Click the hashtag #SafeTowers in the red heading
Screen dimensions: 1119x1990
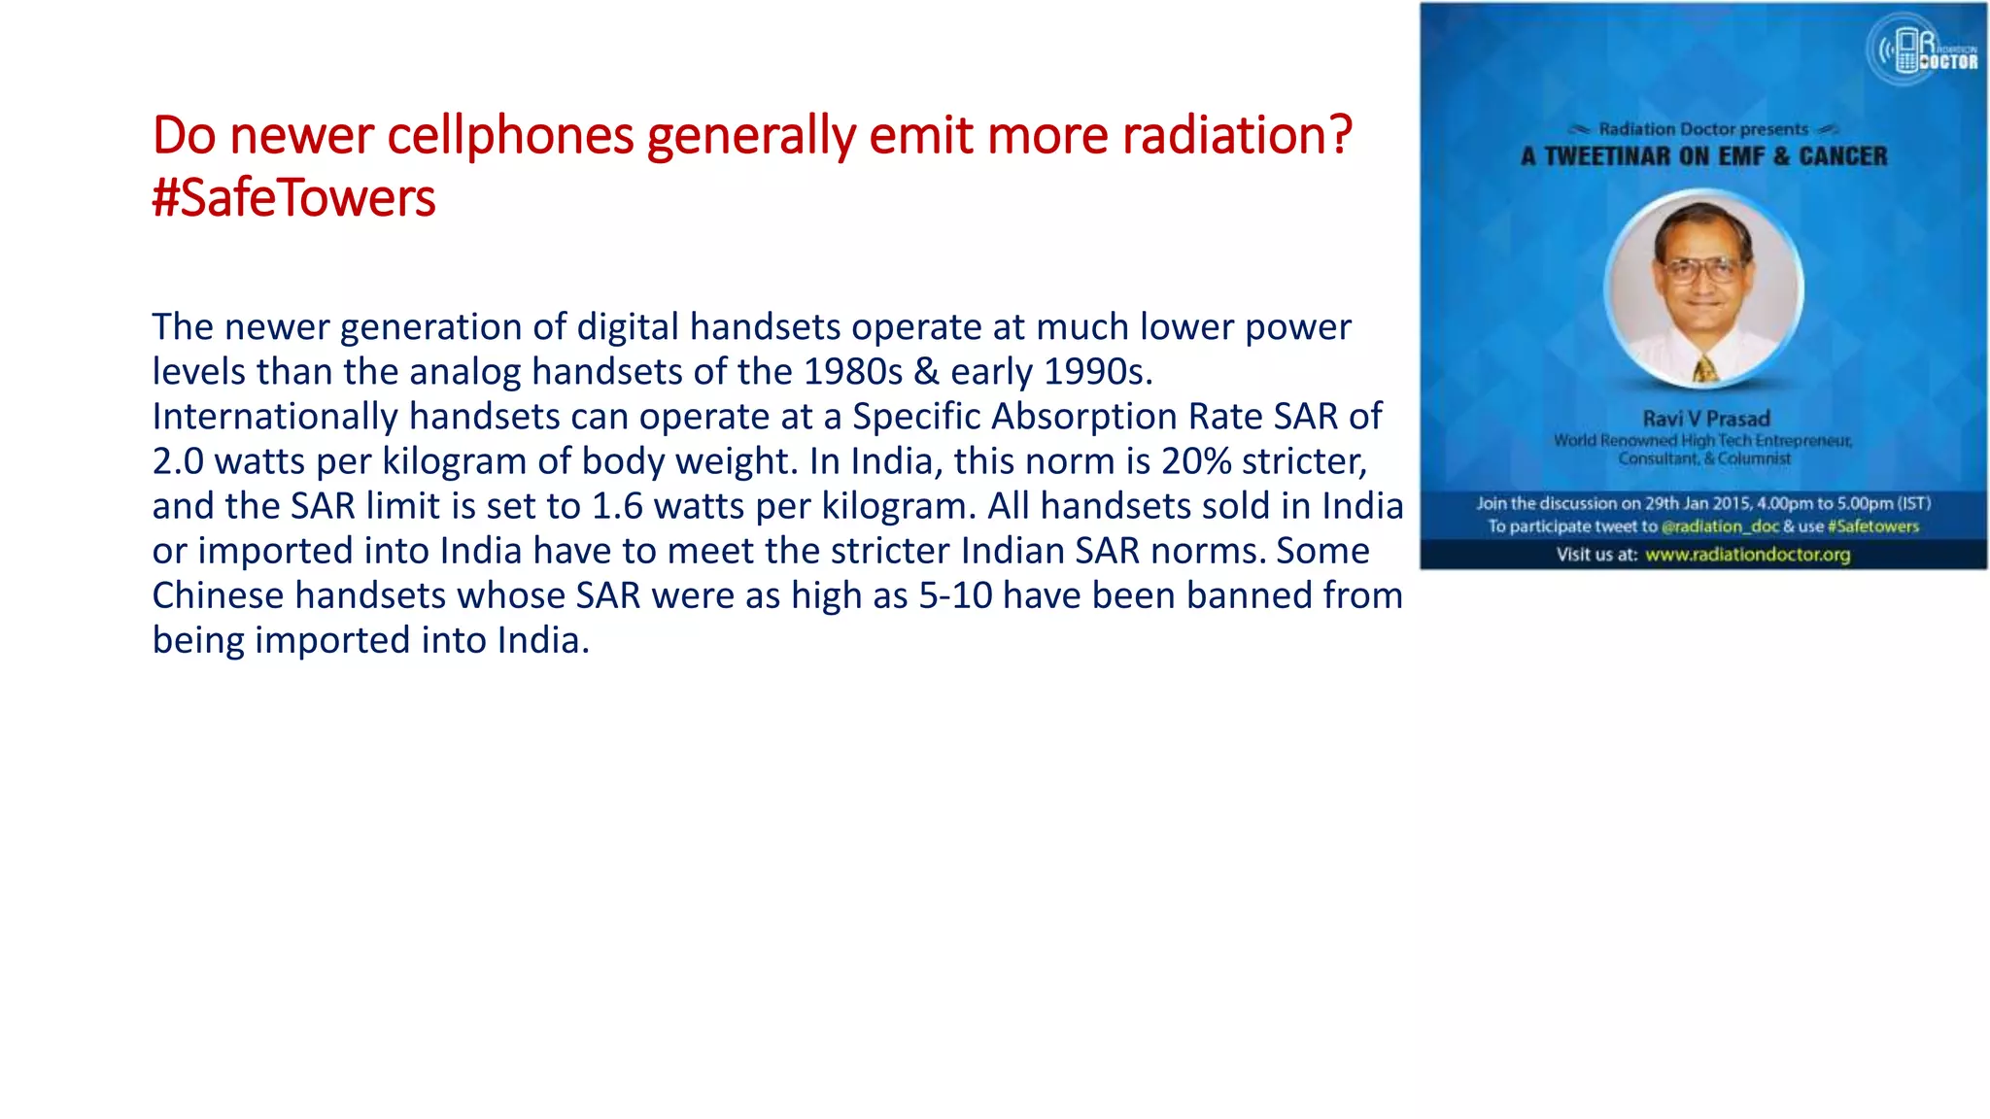pyautogui.click(x=293, y=198)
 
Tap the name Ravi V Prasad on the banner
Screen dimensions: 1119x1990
pyautogui.click(x=1706, y=419)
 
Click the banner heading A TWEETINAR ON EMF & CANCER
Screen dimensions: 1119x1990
pyautogui.click(x=1703, y=156)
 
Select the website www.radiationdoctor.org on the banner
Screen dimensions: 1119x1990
pyautogui.click(x=1747, y=555)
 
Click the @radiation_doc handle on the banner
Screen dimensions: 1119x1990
pyautogui.click(x=1720, y=526)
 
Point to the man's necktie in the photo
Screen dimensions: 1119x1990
pyautogui.click(x=1705, y=369)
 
